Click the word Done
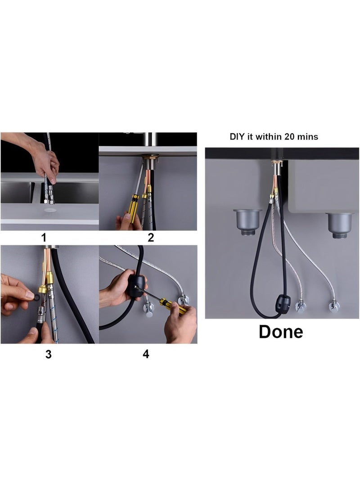(281, 332)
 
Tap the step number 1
(44, 238)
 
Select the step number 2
(151, 238)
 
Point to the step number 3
(48, 355)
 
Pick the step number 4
(146, 354)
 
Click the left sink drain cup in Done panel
(247, 221)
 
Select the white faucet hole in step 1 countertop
(50, 210)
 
